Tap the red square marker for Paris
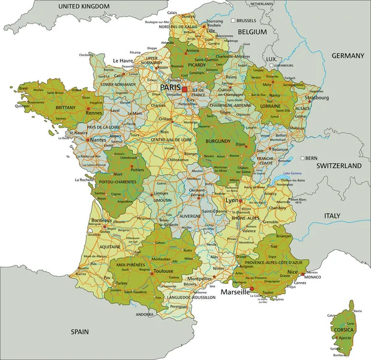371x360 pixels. coord(184,90)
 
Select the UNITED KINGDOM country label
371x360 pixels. coord(84,6)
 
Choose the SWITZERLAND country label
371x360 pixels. coord(338,166)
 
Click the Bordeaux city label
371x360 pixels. coord(101,221)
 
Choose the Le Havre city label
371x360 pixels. coord(124,61)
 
